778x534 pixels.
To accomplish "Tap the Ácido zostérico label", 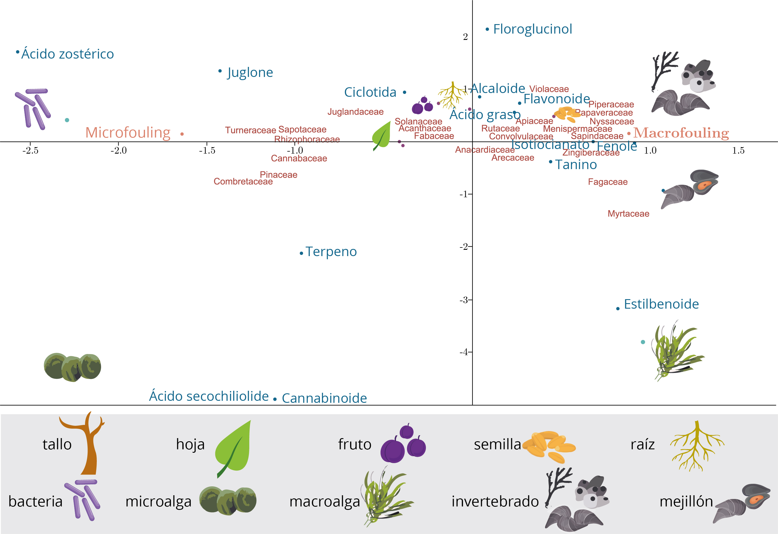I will pos(67,54).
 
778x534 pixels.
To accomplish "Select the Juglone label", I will pos(250,73).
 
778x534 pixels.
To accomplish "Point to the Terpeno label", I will pos(331,251).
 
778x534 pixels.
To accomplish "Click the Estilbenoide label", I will pos(661,304).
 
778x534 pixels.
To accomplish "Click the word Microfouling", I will pos(128,133).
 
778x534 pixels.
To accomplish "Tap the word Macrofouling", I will pos(681,133).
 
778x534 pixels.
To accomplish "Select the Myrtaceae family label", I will pos(628,214).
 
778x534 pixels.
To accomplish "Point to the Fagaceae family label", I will pos(608,182).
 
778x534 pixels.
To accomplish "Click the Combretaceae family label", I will pos(243,182).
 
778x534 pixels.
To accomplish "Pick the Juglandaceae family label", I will pos(356,112).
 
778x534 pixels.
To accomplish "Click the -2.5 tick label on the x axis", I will pos(30,150).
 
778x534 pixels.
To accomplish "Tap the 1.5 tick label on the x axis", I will pos(738,150).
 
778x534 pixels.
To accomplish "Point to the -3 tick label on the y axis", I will pos(464,300).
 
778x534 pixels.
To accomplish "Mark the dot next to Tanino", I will pos(551,162).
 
